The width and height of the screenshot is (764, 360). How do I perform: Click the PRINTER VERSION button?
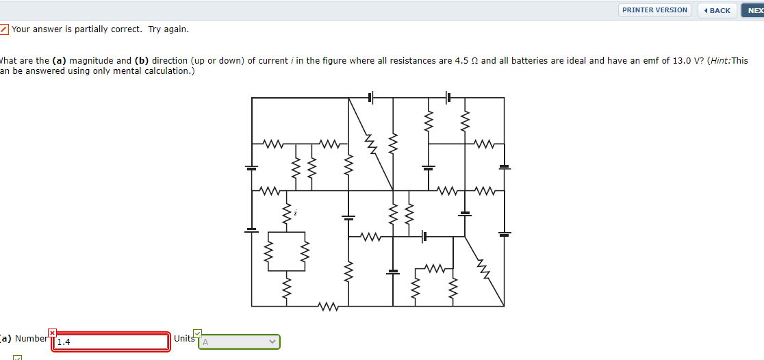(x=654, y=10)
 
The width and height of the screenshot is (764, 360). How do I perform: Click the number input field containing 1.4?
(x=110, y=342)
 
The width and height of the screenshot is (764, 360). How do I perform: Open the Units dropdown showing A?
(x=239, y=341)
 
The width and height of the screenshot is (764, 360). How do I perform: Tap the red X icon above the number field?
(x=52, y=333)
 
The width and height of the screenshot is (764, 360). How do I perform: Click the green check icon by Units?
(x=198, y=333)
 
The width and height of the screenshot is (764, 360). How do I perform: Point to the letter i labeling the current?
(x=295, y=214)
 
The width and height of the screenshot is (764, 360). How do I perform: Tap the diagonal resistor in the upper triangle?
(x=370, y=144)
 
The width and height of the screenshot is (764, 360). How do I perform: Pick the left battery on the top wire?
(x=370, y=98)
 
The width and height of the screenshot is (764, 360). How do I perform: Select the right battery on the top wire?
(x=448, y=98)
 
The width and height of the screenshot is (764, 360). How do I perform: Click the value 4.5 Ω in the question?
(x=467, y=61)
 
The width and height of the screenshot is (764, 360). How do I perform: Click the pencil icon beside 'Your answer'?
(x=4, y=29)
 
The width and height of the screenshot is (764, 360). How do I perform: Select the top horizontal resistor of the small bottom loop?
(x=434, y=267)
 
